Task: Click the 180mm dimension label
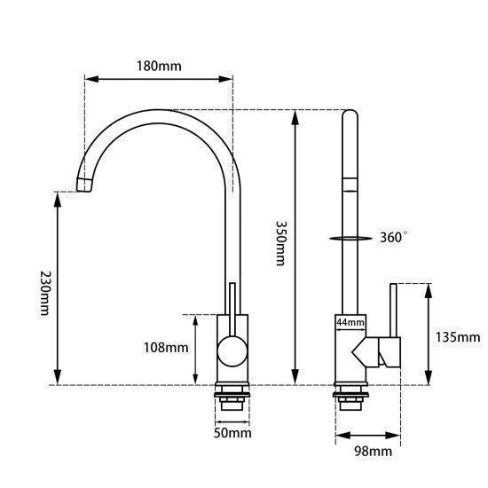159,66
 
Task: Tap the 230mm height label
45,293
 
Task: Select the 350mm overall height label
280,243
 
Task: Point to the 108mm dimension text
166,348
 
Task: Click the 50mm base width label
232,433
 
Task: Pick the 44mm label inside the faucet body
350,322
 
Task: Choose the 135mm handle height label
458,337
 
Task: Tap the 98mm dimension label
374,451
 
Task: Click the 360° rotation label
393,237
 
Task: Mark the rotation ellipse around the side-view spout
350,239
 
